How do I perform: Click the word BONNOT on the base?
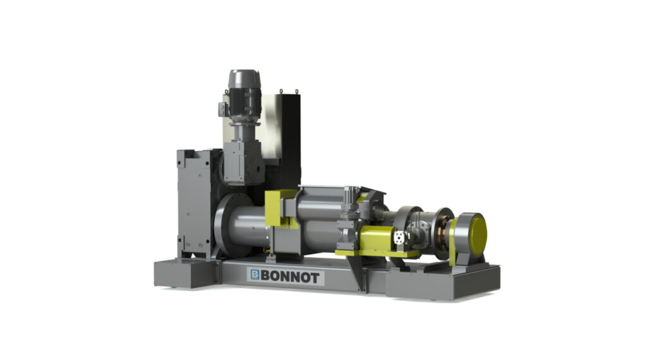pos(291,277)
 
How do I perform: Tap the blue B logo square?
pos(255,275)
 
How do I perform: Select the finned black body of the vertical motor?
pos(245,103)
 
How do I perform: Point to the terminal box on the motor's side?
pos(223,109)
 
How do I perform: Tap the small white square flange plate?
pos(399,238)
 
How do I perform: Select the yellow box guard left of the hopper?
pos(281,208)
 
